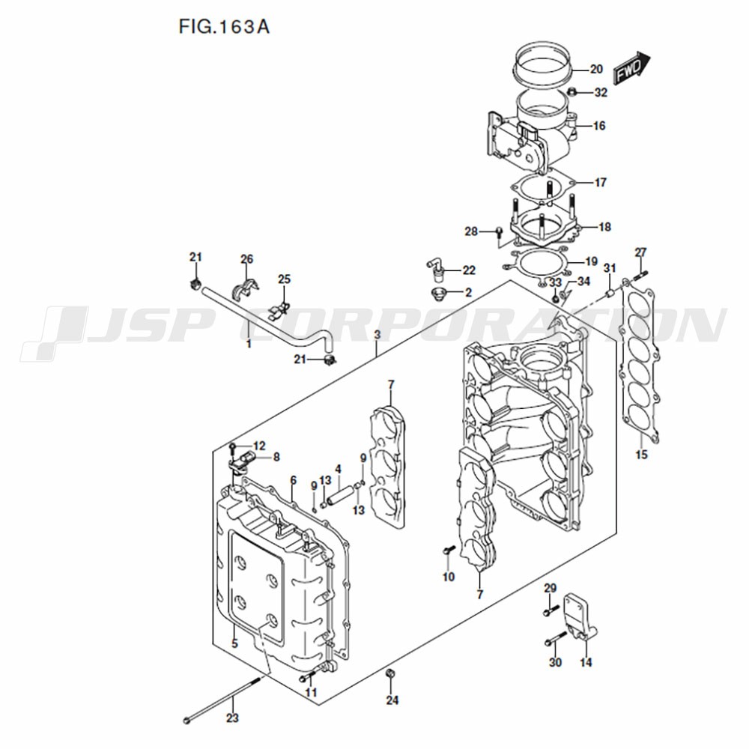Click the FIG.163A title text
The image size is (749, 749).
pos(224,27)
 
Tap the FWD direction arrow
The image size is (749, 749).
pos(631,68)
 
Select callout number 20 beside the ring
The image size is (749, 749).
pos(596,69)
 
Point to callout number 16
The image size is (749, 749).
pos(599,126)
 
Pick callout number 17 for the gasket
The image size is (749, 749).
pos(600,182)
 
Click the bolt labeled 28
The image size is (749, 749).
pos(500,231)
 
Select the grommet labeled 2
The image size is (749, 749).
pos(437,294)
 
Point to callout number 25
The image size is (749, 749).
pos(284,279)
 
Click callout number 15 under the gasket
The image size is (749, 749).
pos(642,455)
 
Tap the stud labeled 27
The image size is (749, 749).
pos(640,276)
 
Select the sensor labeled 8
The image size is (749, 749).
pos(242,461)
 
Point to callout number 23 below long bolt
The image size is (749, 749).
pos(232,718)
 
